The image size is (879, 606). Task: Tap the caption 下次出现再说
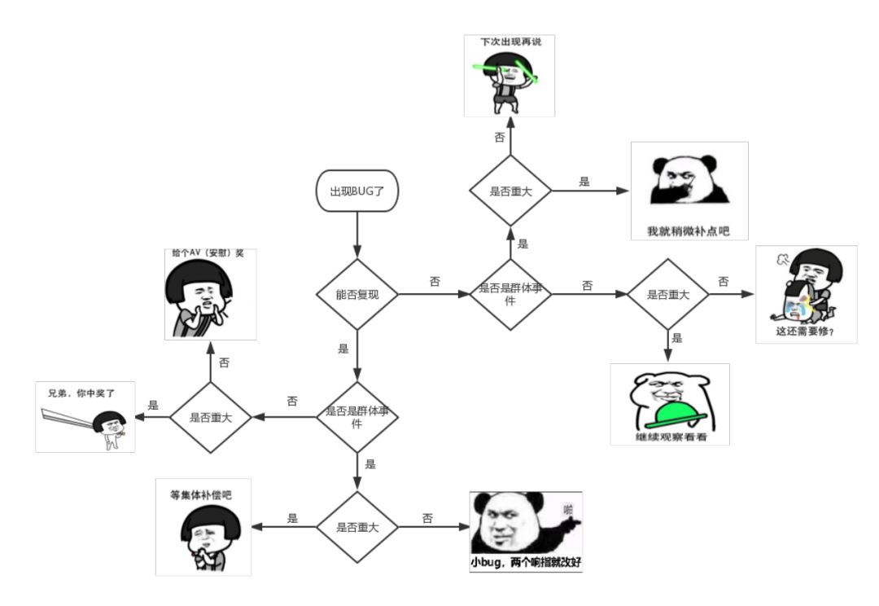tap(510, 41)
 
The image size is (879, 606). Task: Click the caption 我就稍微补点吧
tap(688, 231)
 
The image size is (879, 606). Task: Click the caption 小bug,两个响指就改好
tap(526, 563)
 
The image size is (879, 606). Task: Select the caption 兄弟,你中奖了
tap(81, 393)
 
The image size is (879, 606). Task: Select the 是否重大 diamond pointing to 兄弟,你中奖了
tap(211, 418)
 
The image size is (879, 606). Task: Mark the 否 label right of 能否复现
tap(435, 282)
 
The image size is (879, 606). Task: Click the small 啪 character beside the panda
tap(568, 509)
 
